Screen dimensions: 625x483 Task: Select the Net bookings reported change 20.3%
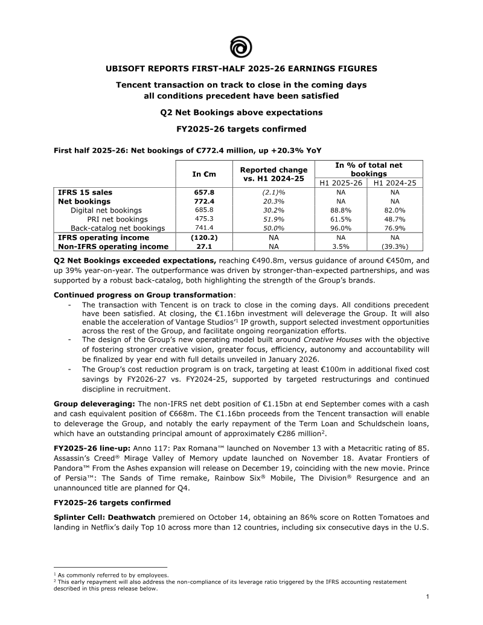[x=274, y=201]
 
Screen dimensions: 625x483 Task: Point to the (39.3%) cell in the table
[x=394, y=246]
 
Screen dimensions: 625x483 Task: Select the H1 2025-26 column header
[x=340, y=183]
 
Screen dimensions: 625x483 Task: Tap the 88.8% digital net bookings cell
[x=340, y=210]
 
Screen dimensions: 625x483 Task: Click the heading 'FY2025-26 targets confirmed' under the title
[x=241, y=129]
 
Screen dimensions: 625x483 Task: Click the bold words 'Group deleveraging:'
[x=94, y=403]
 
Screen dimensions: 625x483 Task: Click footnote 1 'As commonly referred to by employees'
[x=112, y=575]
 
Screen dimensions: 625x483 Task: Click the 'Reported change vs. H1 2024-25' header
[x=273, y=174]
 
